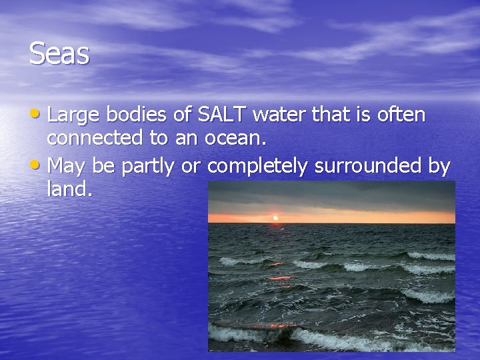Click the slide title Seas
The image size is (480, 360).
pos(59,54)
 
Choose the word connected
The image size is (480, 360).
pos(95,138)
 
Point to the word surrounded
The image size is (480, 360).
pos(367,165)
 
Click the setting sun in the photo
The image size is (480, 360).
pos(275,217)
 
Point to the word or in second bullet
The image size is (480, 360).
pos(191,165)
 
